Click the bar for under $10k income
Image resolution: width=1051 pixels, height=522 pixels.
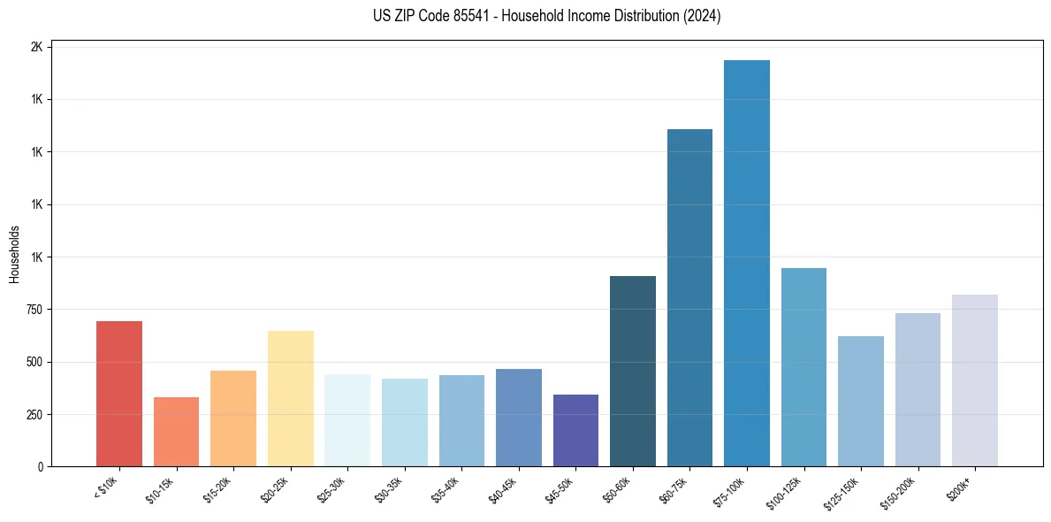coord(119,394)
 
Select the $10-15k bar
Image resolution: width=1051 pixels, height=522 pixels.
coord(176,432)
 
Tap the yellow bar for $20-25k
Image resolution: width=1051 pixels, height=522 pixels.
coord(290,398)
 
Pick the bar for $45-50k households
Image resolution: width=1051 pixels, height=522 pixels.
coord(575,430)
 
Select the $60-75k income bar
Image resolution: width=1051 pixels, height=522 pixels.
coord(689,297)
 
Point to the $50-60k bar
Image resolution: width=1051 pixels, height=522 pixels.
coord(633,371)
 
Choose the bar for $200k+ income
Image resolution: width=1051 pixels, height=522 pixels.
coord(974,380)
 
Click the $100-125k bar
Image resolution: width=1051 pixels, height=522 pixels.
coord(803,367)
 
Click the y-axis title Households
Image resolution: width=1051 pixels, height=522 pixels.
coord(15,254)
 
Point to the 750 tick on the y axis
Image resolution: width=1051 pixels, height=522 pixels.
coord(34,310)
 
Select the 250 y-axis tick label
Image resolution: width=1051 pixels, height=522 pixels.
coord(34,414)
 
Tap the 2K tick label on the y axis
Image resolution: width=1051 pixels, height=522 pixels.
coord(36,47)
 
